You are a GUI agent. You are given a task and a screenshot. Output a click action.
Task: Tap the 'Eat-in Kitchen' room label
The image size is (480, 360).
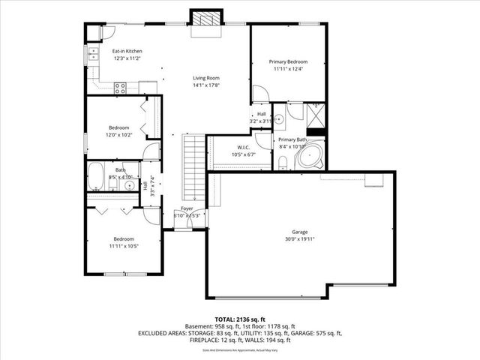(127, 51)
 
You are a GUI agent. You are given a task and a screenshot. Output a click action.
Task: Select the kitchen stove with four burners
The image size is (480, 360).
(119, 86)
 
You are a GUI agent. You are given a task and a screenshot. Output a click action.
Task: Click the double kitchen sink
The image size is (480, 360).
(94, 53)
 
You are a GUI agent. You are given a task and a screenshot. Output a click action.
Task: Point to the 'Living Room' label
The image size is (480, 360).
(205, 78)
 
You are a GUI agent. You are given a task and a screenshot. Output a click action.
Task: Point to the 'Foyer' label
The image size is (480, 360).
(187, 208)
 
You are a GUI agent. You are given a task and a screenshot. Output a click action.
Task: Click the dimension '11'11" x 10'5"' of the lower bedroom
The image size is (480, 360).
(124, 245)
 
